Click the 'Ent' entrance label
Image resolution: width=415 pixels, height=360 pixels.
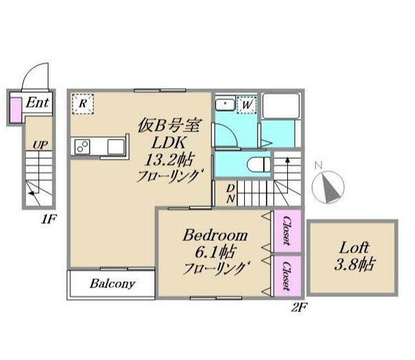click(37, 103)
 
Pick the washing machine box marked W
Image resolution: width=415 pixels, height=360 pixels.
click(246, 105)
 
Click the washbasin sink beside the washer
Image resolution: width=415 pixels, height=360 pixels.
click(224, 105)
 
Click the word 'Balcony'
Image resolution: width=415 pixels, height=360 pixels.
click(112, 283)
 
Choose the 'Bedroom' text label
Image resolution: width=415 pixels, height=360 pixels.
click(215, 235)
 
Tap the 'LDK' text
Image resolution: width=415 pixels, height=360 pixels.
click(168, 142)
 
